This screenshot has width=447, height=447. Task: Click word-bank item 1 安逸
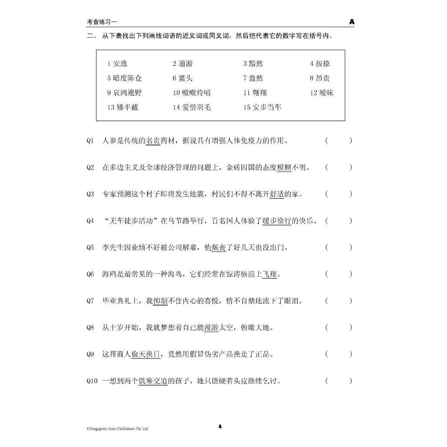tap(117, 64)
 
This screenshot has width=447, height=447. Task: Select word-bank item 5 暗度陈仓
tap(124, 78)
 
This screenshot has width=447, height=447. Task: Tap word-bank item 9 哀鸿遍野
tap(124, 93)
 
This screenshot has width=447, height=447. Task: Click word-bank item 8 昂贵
tap(320, 78)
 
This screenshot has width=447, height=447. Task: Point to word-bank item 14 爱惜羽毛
tap(192, 107)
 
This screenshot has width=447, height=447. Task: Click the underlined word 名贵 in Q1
tap(153, 141)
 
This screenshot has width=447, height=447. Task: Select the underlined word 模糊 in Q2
tap(284, 167)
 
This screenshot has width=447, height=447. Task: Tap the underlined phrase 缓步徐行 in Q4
tap(277, 221)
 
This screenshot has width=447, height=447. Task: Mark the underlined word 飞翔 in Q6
tap(269, 274)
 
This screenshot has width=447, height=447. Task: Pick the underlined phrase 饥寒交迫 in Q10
tap(153, 381)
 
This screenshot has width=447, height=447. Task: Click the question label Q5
tap(90, 248)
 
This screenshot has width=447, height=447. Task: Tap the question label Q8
tap(90, 327)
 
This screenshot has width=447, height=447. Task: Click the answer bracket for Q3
tap(338, 194)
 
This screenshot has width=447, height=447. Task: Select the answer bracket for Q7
tap(338, 301)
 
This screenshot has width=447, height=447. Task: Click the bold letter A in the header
tap(352, 21)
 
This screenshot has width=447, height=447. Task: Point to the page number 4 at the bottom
tap(220, 426)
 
